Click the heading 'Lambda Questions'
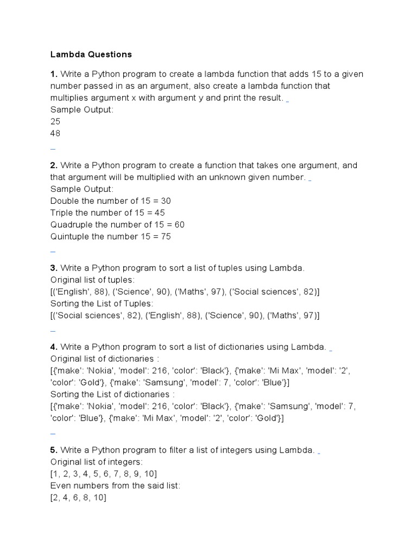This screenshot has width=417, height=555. click(x=91, y=54)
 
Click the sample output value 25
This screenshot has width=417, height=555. click(x=55, y=121)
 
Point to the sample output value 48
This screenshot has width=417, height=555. click(x=55, y=133)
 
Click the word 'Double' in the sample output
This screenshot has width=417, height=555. click(x=64, y=201)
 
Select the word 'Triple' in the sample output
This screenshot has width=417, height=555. click(x=61, y=212)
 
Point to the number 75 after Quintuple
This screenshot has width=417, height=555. click(x=166, y=236)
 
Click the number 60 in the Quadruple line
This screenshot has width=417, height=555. click(x=179, y=224)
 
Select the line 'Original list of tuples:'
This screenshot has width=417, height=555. click(x=92, y=280)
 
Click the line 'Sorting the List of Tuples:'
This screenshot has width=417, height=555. click(x=102, y=304)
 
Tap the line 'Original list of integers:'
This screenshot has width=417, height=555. click(x=97, y=462)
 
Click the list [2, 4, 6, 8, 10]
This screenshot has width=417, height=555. click(x=78, y=498)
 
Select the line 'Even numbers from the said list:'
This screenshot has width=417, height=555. click(x=115, y=486)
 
